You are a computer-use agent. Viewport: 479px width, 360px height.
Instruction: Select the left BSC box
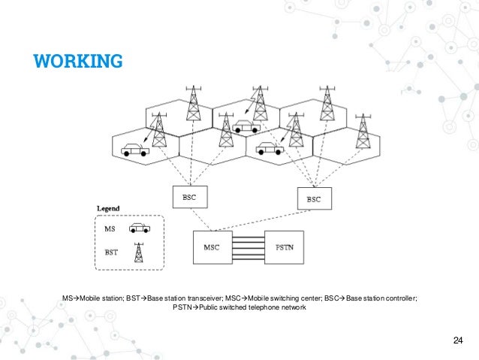click(189, 196)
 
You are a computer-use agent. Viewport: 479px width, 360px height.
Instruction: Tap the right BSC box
click(313, 198)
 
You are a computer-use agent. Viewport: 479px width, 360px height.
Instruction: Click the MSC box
click(213, 247)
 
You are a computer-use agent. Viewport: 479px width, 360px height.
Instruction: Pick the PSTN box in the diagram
click(285, 247)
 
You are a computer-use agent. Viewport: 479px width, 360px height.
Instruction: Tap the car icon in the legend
click(139, 227)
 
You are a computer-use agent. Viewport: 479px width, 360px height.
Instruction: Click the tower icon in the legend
click(138, 253)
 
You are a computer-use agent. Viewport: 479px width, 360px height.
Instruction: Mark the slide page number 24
click(458, 343)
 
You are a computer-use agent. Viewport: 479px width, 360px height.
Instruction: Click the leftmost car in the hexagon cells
click(135, 149)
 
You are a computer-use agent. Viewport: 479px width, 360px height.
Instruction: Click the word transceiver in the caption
click(200, 298)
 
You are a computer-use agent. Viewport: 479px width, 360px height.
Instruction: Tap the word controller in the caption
click(397, 298)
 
